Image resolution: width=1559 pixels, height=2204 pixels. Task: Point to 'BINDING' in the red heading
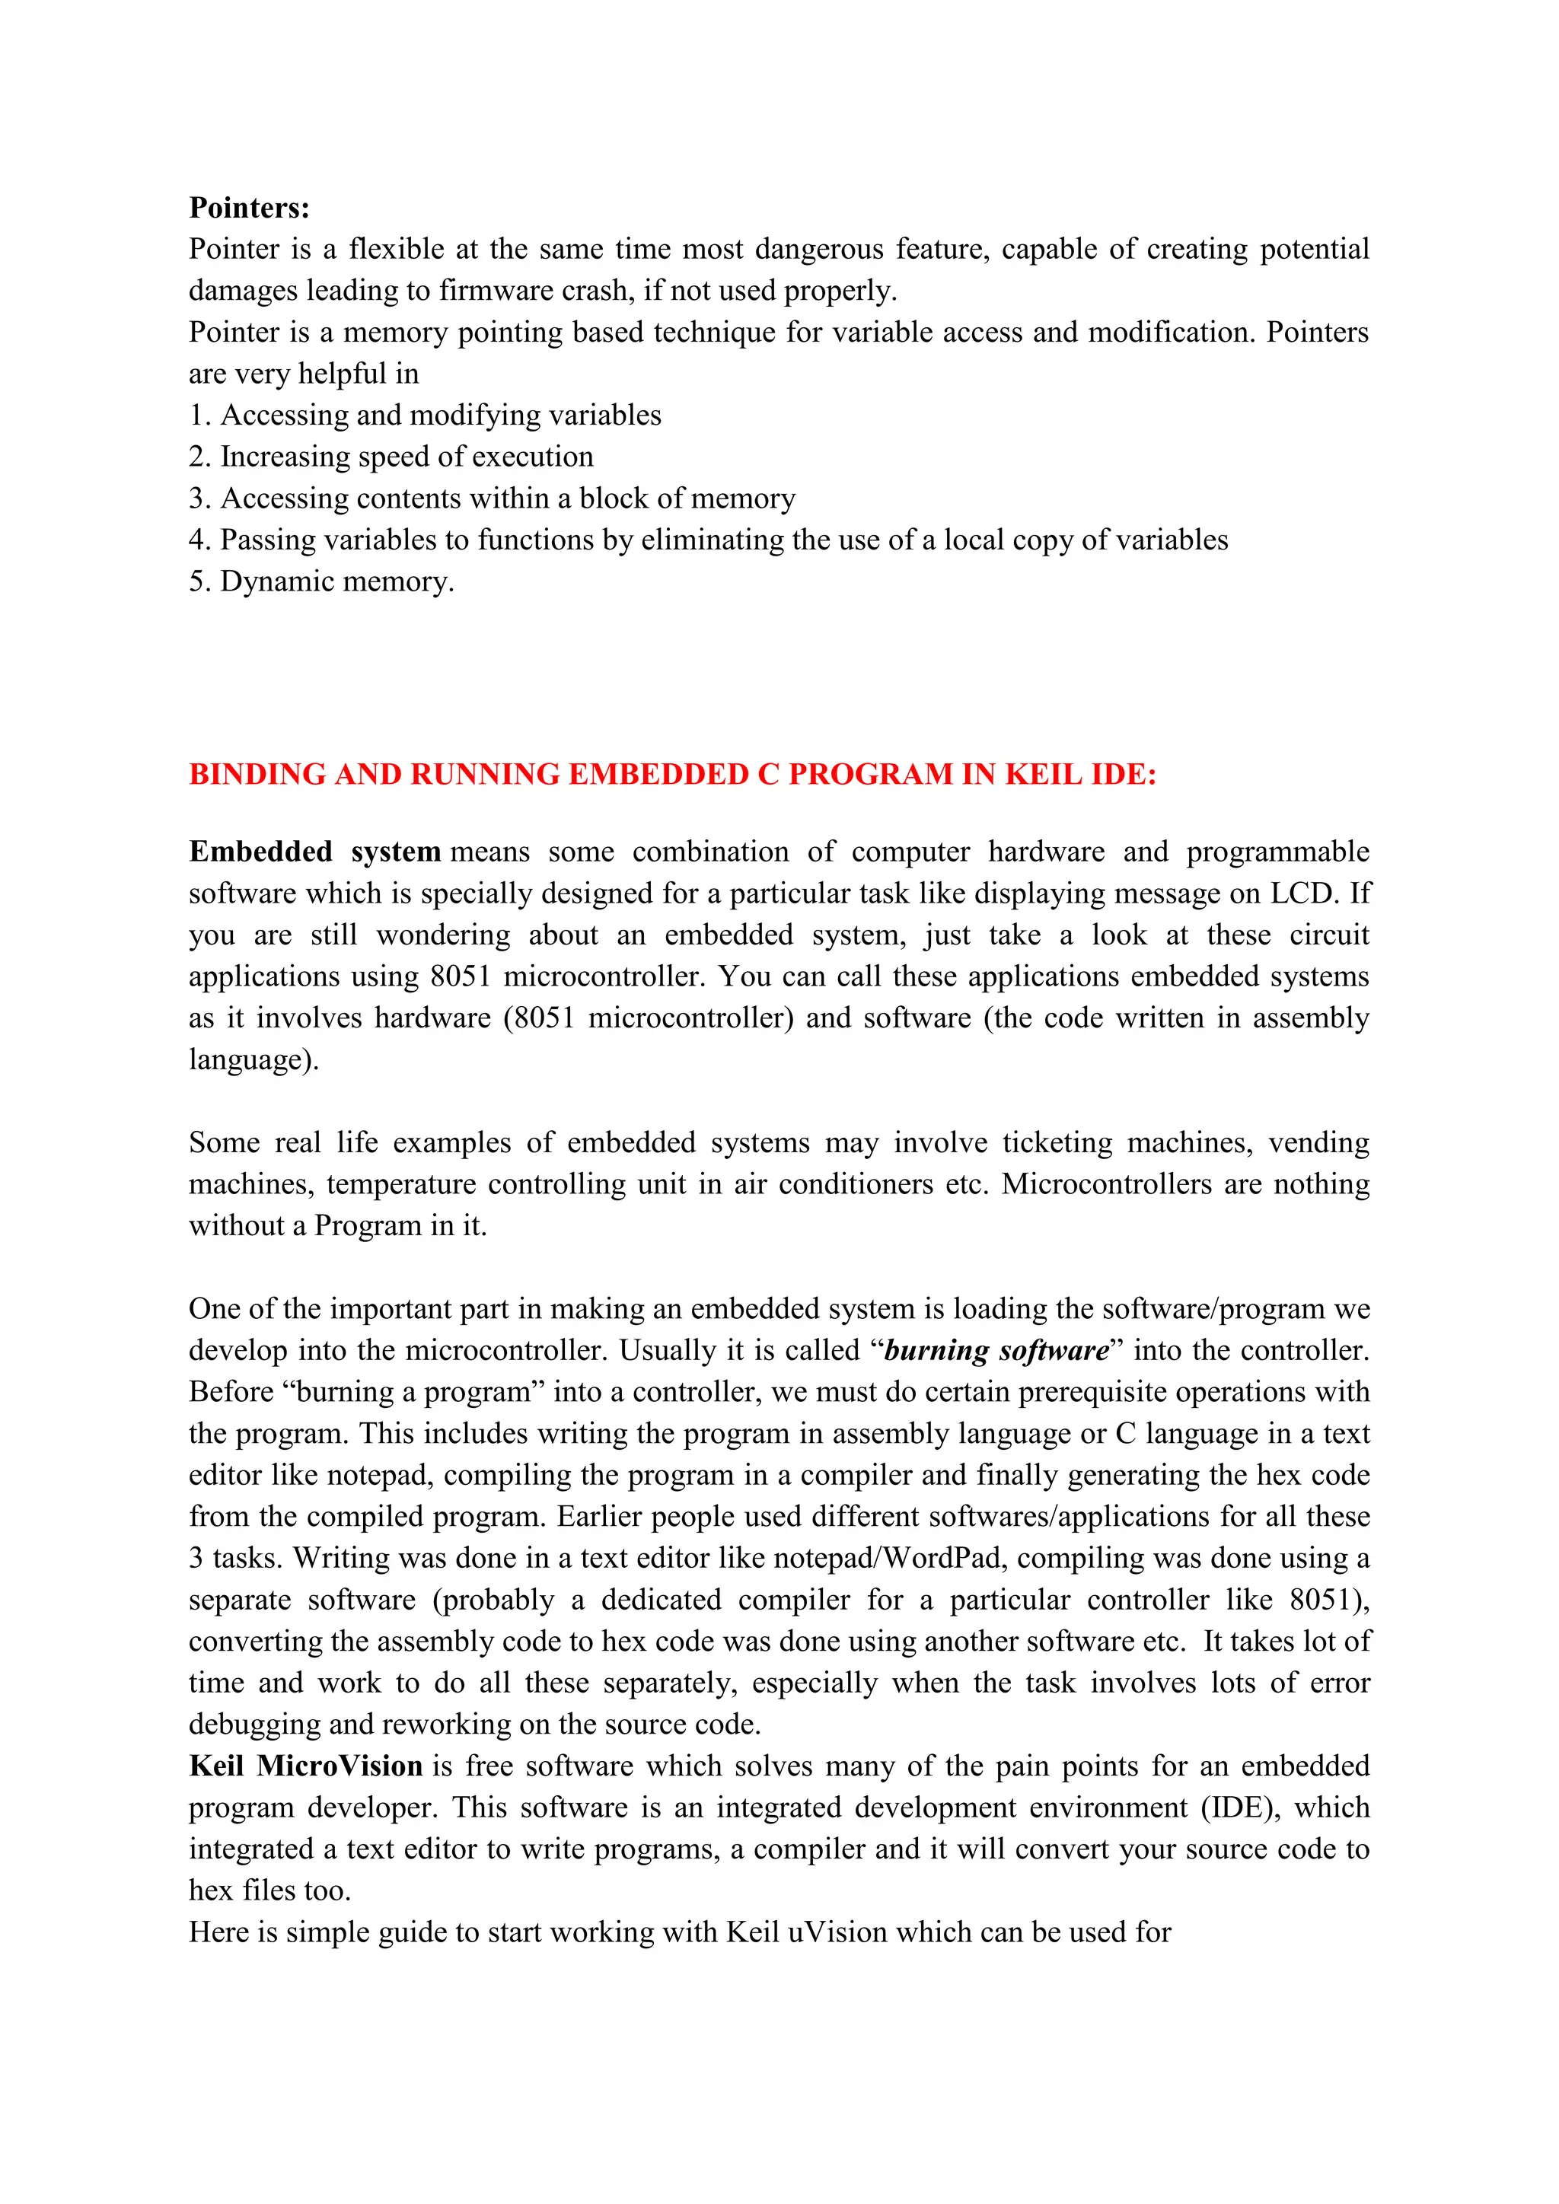click(257, 774)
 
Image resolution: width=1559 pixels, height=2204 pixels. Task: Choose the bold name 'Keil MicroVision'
click(305, 1766)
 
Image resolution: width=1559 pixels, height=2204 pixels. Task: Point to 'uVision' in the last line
click(837, 1932)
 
